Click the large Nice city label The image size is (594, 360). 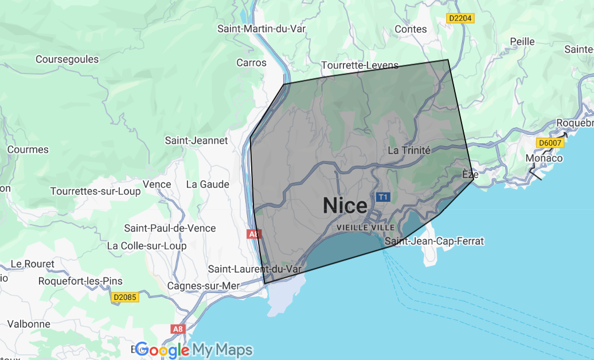pos(345,205)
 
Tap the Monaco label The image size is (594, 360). pos(544,158)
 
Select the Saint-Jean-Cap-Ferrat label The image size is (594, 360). pos(434,241)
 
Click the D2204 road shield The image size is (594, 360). pos(460,18)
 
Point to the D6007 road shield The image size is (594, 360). pos(550,143)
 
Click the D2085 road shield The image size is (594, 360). pos(126,297)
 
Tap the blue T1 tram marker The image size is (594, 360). pos(383,197)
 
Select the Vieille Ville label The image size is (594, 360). pos(366,228)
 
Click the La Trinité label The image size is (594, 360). pos(409,150)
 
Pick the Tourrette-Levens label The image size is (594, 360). pos(359,65)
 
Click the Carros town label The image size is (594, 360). pos(252,62)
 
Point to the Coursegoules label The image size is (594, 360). pos(67,59)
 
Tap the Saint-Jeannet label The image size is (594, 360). pos(196,140)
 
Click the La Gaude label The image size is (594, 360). pos(208,184)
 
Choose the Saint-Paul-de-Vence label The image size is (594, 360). pos(170,228)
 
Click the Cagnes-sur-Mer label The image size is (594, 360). pos(204,285)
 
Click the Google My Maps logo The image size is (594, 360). pos(194,350)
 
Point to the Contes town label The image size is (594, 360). pos(411,29)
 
